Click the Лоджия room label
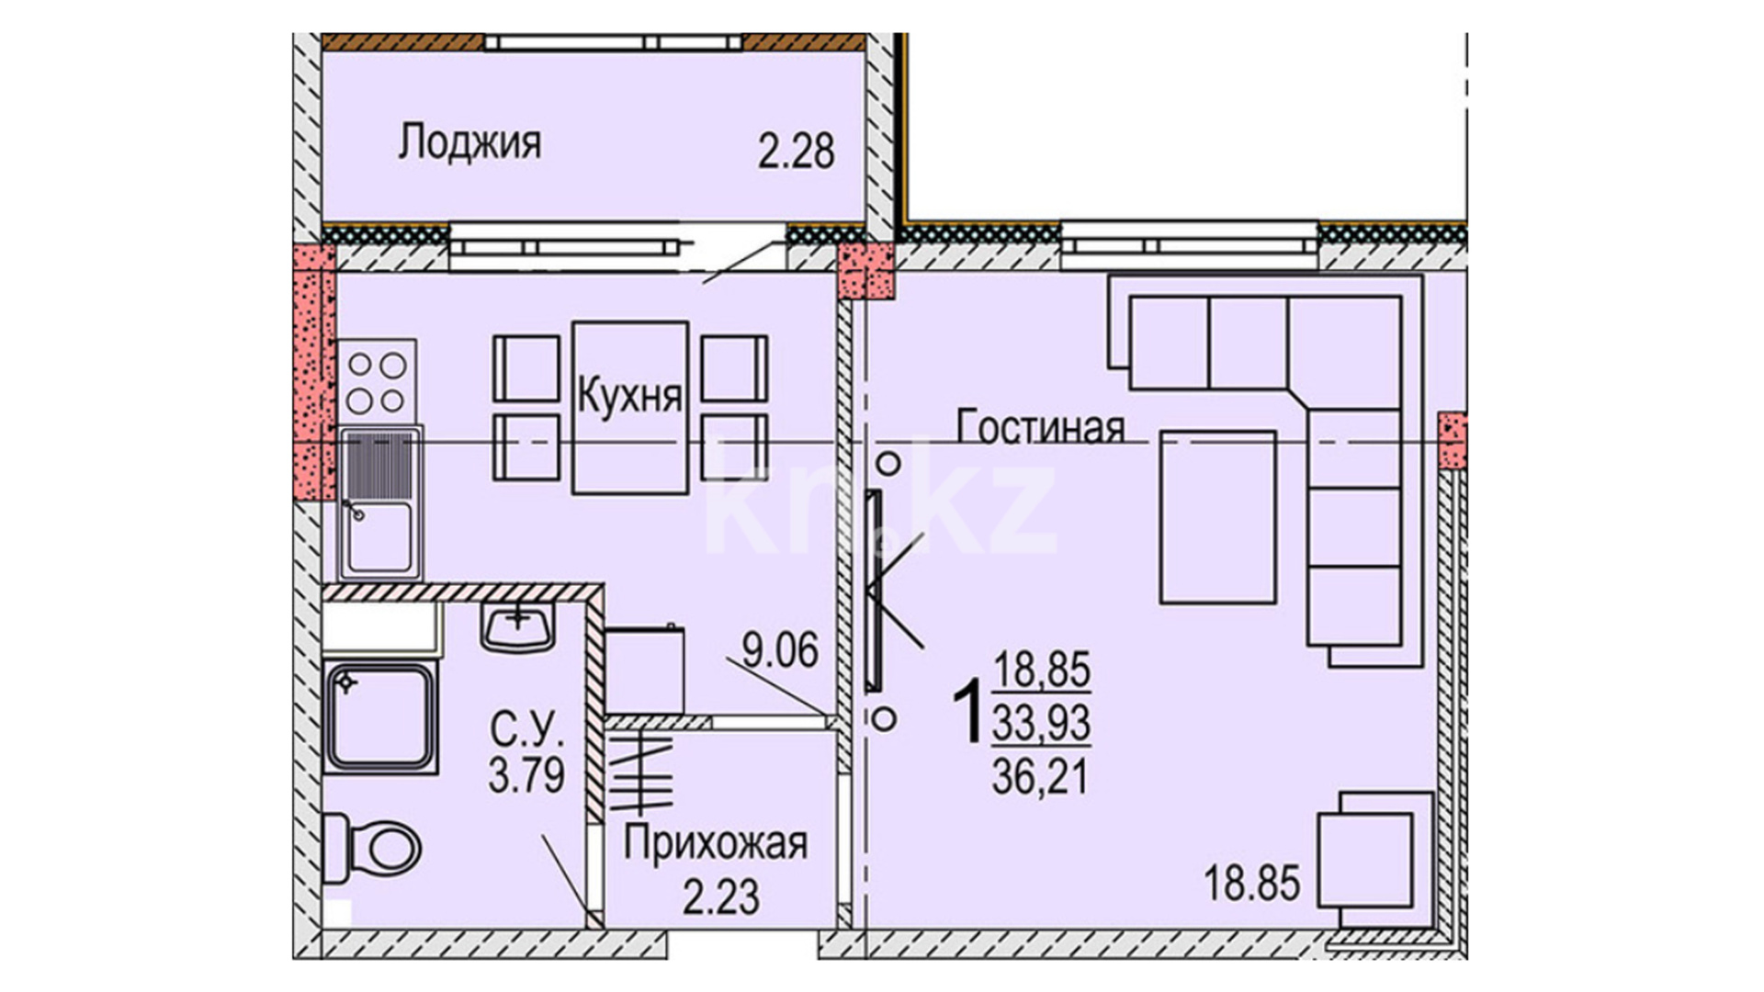(x=469, y=144)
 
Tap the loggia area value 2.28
(x=796, y=152)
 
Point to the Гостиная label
(x=1040, y=427)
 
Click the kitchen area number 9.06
(x=780, y=650)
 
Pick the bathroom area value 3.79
(x=526, y=775)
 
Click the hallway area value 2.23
(x=721, y=897)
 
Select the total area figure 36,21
(x=1040, y=777)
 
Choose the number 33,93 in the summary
(x=1042, y=723)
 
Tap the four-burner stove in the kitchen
(x=377, y=383)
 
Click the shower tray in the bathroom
(x=380, y=716)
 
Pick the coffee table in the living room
(x=1218, y=517)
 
